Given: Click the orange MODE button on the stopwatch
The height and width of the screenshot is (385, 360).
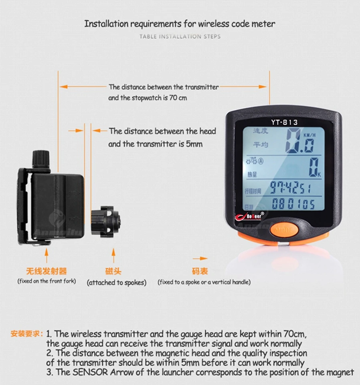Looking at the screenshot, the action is (x=284, y=230).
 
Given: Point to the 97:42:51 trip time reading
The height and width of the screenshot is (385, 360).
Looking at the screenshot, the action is (x=290, y=187).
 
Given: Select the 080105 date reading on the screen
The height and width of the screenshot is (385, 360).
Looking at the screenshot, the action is (x=293, y=204).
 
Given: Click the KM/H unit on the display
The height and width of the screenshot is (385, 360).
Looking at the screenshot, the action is (x=309, y=135).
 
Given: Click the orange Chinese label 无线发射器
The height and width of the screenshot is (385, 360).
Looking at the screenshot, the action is (x=47, y=271).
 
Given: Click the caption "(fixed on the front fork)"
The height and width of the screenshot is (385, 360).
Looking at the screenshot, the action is (x=47, y=281).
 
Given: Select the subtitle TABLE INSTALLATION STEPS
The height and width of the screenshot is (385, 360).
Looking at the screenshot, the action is (x=180, y=36).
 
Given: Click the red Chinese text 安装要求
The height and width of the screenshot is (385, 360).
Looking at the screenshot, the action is (x=26, y=334).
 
